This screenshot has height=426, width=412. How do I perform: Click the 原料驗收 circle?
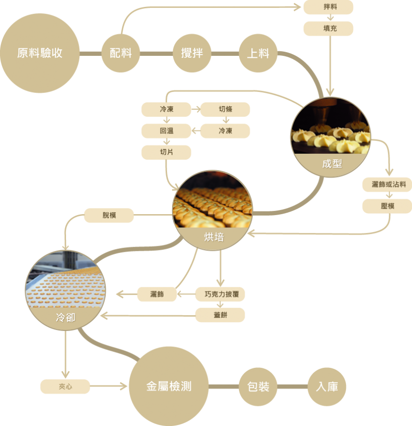tap(40, 53)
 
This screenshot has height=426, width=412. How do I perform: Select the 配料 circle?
tap(120, 53)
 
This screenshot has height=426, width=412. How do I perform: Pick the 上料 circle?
tap(258, 53)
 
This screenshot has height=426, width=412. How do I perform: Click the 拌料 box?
tap(329, 7)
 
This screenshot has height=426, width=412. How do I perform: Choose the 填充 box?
tap(329, 28)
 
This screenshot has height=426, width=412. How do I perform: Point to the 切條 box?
tap(225, 109)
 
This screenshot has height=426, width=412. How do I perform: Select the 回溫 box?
tap(166, 131)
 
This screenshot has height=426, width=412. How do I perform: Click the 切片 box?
tap(166, 152)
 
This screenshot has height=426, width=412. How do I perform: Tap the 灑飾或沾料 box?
tap(387, 184)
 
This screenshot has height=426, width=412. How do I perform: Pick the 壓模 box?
tap(387, 206)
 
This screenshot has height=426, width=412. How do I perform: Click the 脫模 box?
tap(109, 215)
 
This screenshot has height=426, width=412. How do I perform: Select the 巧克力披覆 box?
tap(220, 294)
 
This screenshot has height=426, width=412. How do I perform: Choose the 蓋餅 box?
tap(220, 315)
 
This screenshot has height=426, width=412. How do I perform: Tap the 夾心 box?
tap(65, 387)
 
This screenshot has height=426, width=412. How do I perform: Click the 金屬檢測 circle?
tap(169, 387)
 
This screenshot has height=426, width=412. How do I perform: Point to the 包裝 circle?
tap(258, 387)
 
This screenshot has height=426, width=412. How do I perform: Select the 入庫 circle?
tap(327, 387)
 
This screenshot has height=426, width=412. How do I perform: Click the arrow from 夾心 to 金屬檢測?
tap(109, 387)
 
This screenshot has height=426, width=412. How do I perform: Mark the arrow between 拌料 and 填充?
tap(329, 18)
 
